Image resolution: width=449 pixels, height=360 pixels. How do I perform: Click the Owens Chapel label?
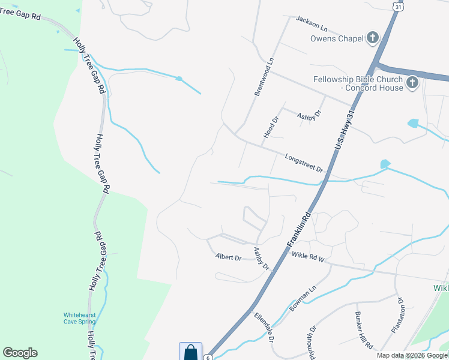(337, 39)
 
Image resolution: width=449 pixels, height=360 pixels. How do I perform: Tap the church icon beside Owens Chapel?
(373, 38)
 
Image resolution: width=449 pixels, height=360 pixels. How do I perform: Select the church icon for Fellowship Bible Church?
(412, 83)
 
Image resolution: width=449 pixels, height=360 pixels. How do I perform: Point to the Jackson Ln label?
(311, 24)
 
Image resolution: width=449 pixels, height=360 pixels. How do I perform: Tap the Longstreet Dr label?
(304, 163)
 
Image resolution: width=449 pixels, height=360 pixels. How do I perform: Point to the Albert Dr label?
(228, 258)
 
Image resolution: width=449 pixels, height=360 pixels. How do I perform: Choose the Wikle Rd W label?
(308, 256)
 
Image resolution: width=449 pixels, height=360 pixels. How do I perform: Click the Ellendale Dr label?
(264, 327)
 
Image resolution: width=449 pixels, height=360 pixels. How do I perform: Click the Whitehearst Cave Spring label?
(80, 318)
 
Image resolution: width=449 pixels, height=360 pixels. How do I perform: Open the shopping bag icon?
(190, 352)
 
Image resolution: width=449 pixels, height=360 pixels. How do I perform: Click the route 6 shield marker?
(207, 357)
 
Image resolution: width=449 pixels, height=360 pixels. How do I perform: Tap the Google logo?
(20, 353)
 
